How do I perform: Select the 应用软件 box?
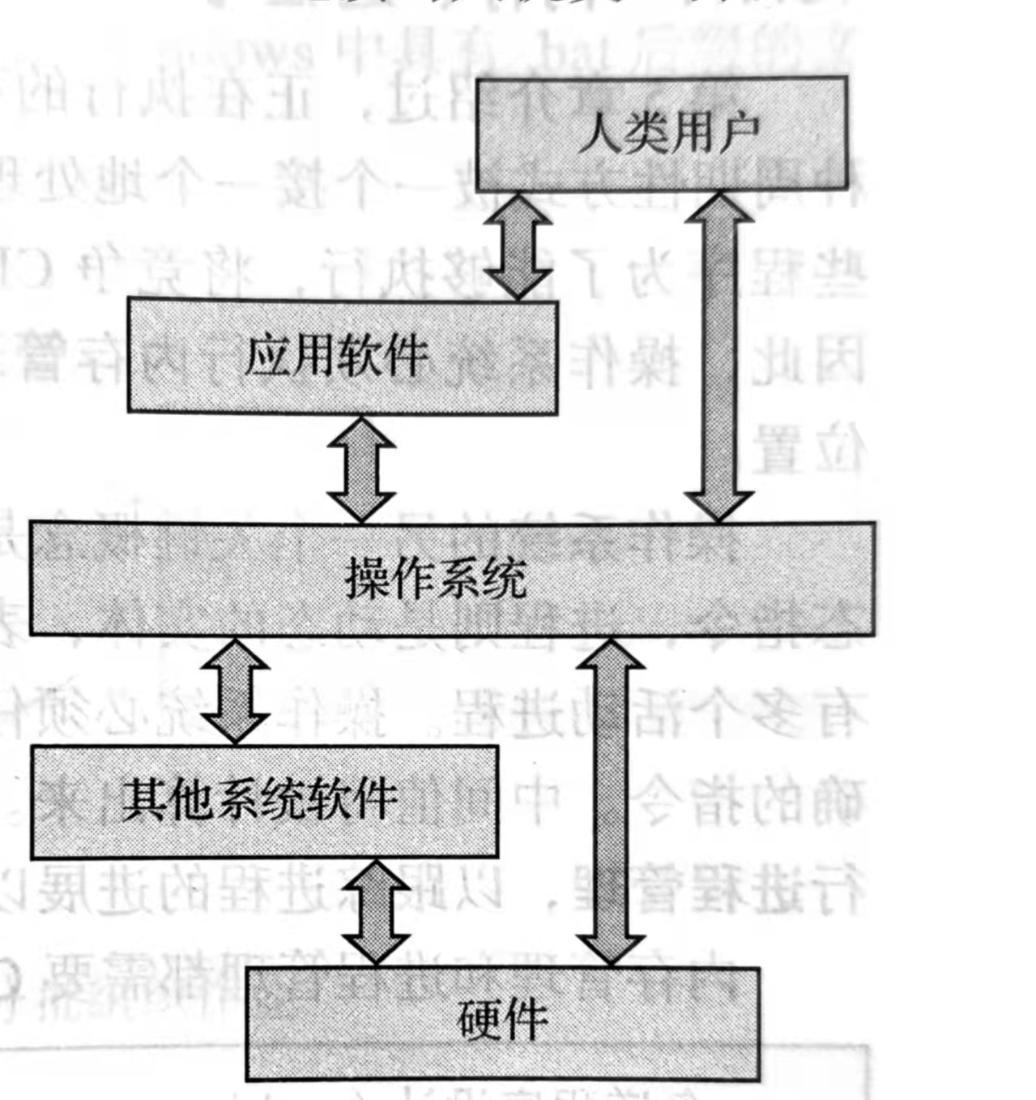343,357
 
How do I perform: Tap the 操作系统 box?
452,578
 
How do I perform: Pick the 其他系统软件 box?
264,801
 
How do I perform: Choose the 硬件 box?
502,1023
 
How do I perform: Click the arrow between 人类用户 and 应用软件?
518,246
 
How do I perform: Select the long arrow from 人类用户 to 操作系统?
719,357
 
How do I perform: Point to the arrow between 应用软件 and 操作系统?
361,469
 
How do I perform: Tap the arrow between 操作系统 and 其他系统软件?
236,690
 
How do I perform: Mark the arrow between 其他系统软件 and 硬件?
377,911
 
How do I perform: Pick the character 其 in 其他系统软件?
145,801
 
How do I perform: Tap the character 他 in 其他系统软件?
192,801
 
